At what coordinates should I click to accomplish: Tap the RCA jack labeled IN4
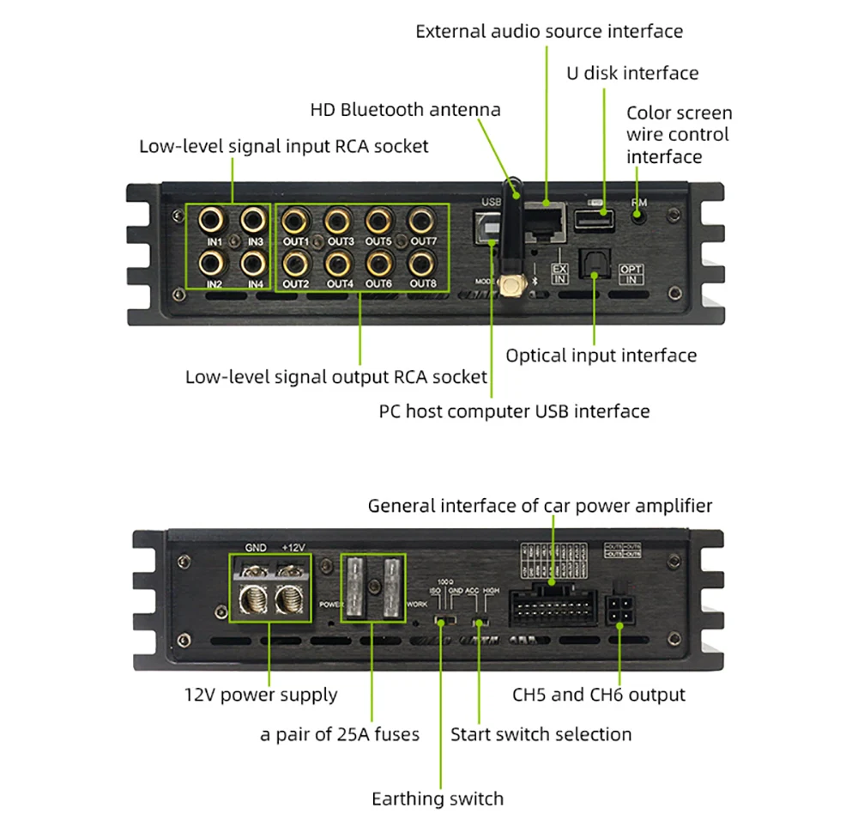tap(252, 261)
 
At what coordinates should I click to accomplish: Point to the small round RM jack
tap(639, 216)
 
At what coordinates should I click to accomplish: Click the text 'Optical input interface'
tap(601, 356)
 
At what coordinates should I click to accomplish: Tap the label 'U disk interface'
tap(631, 73)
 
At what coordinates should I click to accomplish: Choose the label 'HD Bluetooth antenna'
tap(405, 110)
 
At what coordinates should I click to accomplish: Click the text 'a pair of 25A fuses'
tap(340, 734)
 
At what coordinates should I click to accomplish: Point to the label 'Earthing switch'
tap(437, 799)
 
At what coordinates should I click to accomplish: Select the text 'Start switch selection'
tap(541, 734)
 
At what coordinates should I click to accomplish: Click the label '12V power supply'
tap(262, 695)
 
